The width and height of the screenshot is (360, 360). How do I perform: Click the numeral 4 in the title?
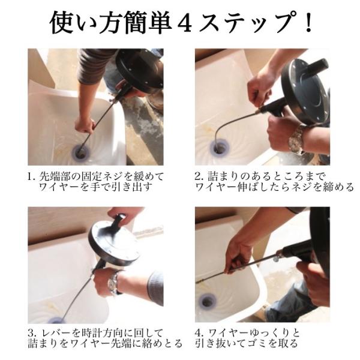coord(184,23)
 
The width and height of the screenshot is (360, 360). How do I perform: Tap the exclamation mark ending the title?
coord(308,23)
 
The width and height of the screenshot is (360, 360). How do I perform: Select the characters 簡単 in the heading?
coord(148,23)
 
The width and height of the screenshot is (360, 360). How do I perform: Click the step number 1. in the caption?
coord(32,177)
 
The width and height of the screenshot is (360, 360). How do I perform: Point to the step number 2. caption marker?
coord(200,177)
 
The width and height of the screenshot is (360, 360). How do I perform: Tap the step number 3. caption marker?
coord(32,334)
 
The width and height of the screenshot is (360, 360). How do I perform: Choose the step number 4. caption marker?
coord(200,334)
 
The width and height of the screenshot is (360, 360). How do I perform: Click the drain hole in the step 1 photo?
coord(80,152)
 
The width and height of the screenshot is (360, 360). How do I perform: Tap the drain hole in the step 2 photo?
coord(220,149)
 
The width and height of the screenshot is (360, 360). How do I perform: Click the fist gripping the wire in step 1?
coord(85,125)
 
